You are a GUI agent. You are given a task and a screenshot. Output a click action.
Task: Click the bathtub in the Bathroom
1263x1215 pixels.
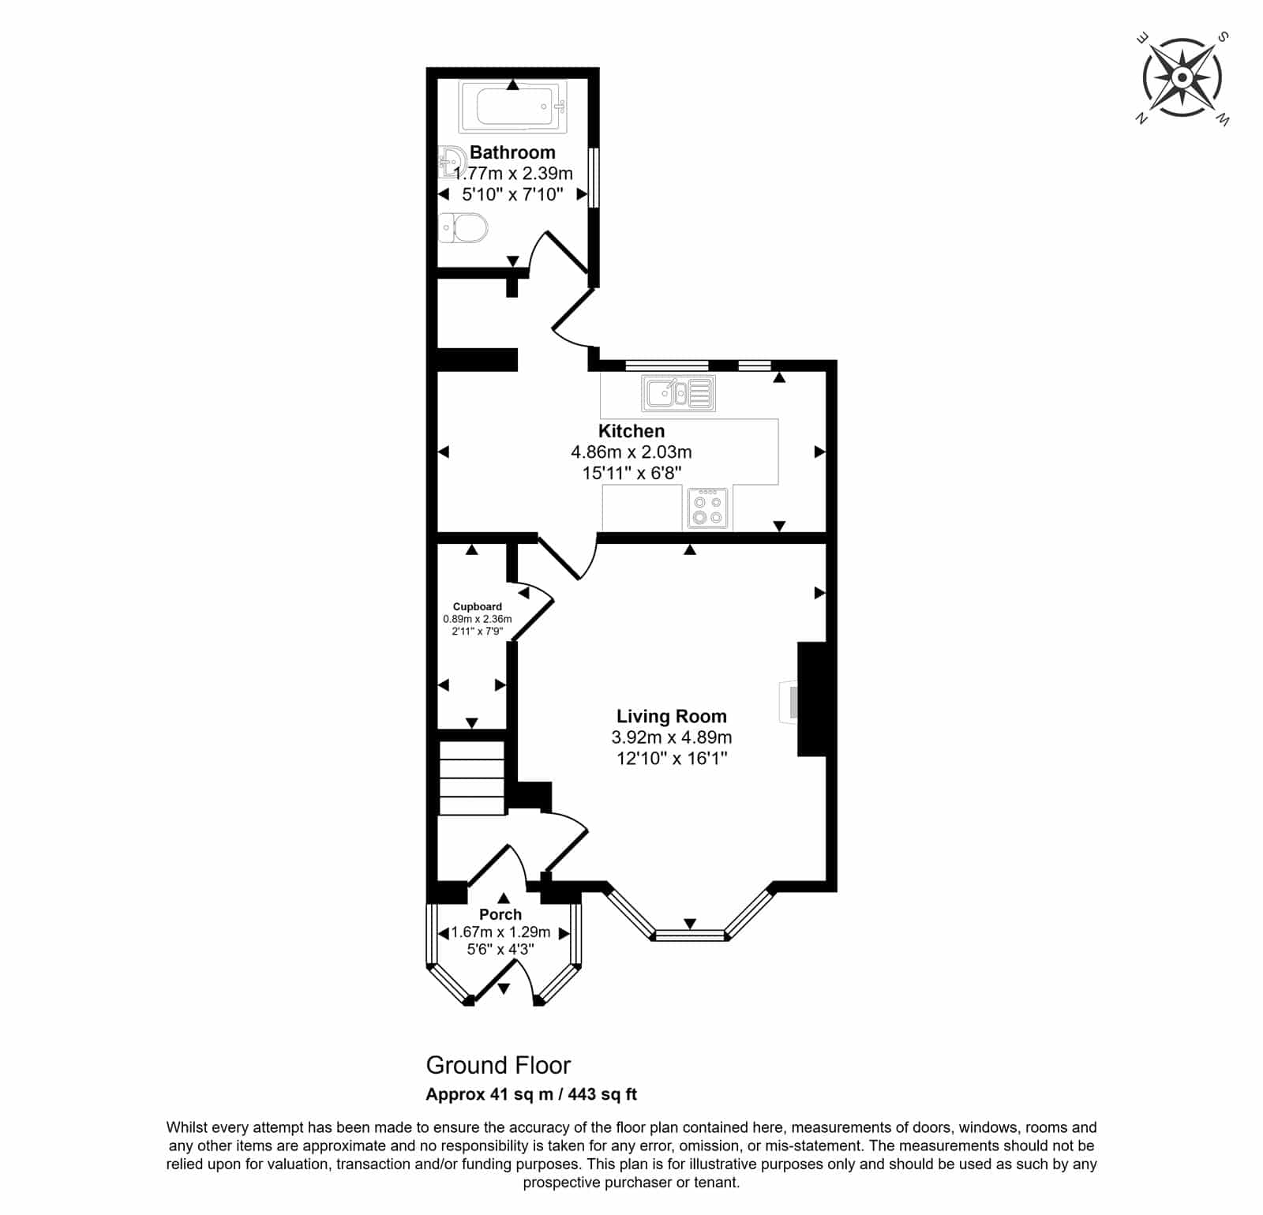coord(512,107)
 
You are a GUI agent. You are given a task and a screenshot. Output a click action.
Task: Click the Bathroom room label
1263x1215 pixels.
coord(512,152)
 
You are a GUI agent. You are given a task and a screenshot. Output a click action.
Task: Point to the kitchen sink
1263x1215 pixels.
coord(679,393)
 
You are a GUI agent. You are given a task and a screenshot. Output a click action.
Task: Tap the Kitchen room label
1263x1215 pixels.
coord(631,431)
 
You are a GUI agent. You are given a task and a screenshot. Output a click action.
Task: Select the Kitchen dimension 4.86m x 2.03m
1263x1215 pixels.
coord(631,452)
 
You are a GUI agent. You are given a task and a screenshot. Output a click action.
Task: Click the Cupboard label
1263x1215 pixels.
coord(478,606)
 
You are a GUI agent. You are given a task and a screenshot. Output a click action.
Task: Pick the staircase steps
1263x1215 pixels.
coord(471,778)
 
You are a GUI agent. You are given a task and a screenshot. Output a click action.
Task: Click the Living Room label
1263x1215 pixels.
coord(672,716)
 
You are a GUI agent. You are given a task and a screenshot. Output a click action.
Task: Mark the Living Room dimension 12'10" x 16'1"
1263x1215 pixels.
coord(672,759)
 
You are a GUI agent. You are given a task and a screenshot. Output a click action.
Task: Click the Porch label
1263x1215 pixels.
coord(500,914)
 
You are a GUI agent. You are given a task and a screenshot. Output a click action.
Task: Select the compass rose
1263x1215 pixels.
coord(1182,78)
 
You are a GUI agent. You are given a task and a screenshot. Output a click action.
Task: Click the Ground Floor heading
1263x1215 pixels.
coord(498,1065)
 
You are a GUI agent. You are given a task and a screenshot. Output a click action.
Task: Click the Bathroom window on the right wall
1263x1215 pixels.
coord(594,178)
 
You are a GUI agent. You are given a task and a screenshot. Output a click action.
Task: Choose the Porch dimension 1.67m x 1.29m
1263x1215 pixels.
coord(500,932)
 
